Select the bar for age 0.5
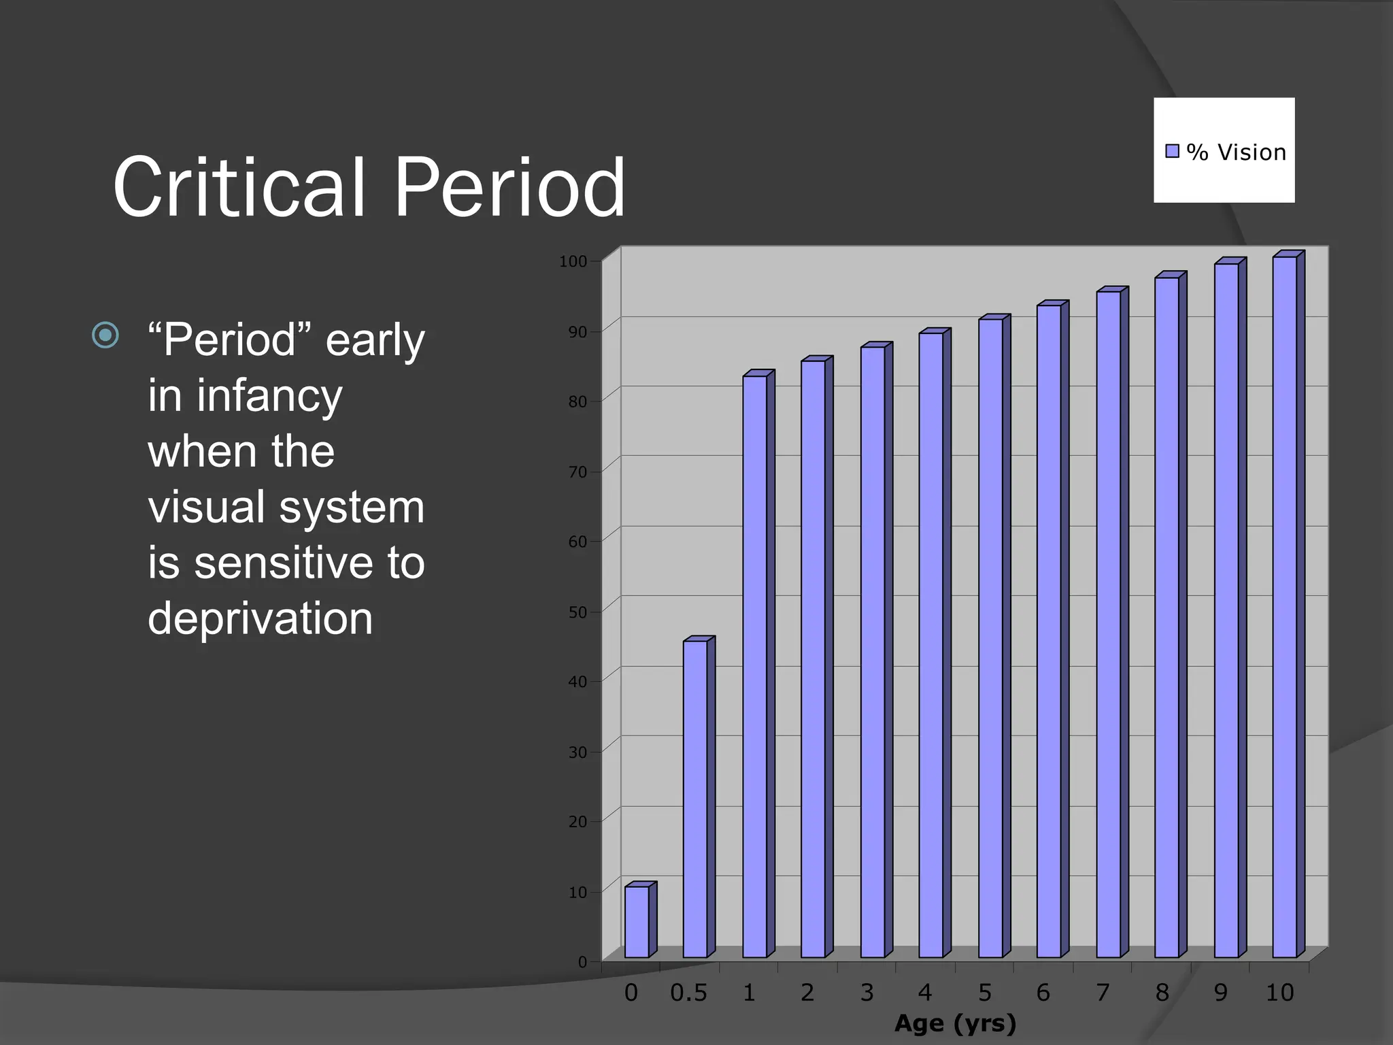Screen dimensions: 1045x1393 coord(695,799)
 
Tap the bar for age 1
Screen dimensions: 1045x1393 coord(754,667)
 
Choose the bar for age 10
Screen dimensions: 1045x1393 coord(1284,607)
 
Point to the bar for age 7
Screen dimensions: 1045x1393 coord(1108,625)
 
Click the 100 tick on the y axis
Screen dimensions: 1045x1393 coord(573,262)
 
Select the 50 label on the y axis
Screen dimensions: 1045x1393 coord(577,612)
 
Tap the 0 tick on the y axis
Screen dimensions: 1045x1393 coord(582,962)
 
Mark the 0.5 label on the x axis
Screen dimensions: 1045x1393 coord(688,993)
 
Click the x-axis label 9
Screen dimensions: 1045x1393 coord(1221,993)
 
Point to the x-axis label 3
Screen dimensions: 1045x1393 coord(867,993)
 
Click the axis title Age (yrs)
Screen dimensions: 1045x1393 coord(955,1023)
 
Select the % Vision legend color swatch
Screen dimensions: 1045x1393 coord(1172,151)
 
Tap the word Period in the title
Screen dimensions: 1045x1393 coord(509,186)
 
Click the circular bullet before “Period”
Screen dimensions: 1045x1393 coord(105,335)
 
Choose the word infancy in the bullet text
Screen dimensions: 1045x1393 coord(269,396)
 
